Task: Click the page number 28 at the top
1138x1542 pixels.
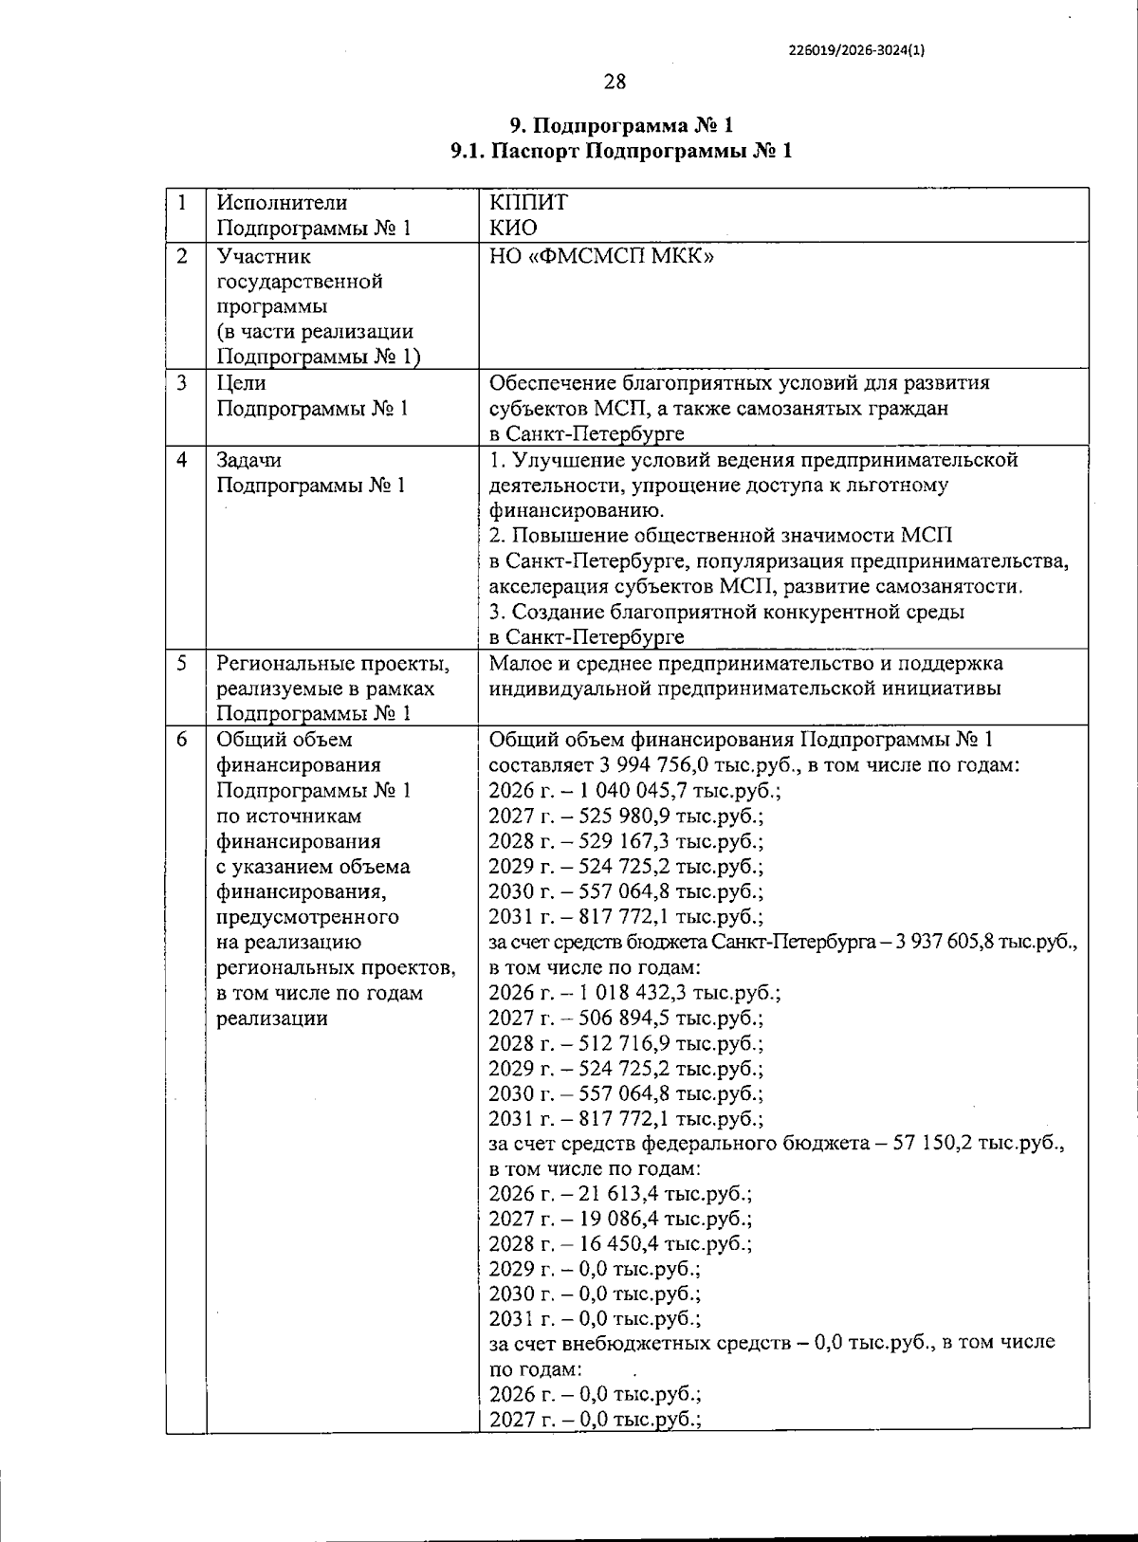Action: tap(615, 82)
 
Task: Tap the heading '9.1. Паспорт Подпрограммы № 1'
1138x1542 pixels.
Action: tap(621, 151)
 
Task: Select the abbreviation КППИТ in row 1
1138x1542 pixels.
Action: tap(528, 202)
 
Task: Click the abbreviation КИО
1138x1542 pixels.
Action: tap(513, 228)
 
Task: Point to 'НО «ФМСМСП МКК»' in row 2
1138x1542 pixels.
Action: tap(601, 256)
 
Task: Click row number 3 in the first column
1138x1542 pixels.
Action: tap(182, 383)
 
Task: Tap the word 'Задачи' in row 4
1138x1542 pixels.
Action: tap(248, 460)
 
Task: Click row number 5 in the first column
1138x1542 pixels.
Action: tap(182, 663)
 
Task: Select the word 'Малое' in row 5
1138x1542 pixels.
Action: tap(519, 663)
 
